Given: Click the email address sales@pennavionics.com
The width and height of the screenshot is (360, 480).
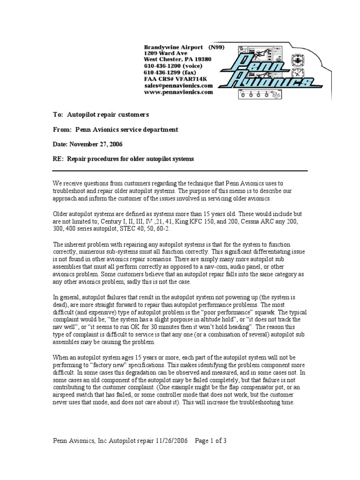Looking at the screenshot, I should tap(178, 86).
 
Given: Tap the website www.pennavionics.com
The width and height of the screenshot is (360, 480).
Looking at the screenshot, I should tap(178, 92).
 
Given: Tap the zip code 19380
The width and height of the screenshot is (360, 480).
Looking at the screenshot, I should tap(202, 60).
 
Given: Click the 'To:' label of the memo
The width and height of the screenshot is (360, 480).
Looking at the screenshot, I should tap(58, 114).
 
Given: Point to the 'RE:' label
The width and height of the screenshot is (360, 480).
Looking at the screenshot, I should tap(59, 159).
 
